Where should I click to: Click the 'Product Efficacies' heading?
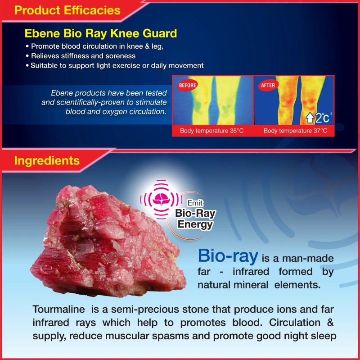tap(67, 10)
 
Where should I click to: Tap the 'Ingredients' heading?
tap(47, 160)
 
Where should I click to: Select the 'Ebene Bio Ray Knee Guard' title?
tap(101, 34)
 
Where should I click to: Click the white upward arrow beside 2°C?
tap(310, 118)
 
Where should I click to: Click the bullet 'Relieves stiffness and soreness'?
tap(83, 56)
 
